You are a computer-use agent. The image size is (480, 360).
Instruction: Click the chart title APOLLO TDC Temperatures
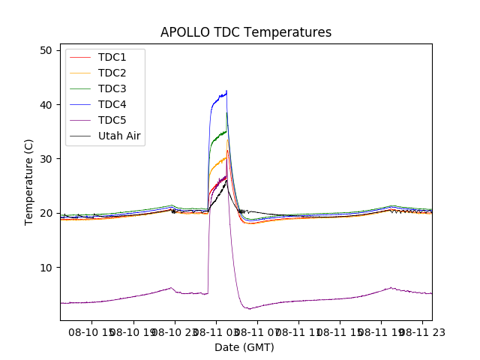[x=246, y=32]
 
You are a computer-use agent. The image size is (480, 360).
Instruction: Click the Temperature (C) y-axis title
[x=29, y=181]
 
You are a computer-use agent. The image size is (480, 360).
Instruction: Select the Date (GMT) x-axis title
[x=244, y=347]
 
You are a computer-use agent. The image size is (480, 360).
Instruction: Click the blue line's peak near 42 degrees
[x=226, y=91]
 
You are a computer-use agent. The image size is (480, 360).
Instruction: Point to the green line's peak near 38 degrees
[x=227, y=113]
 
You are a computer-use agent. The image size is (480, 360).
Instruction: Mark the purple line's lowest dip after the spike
[x=249, y=308]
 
